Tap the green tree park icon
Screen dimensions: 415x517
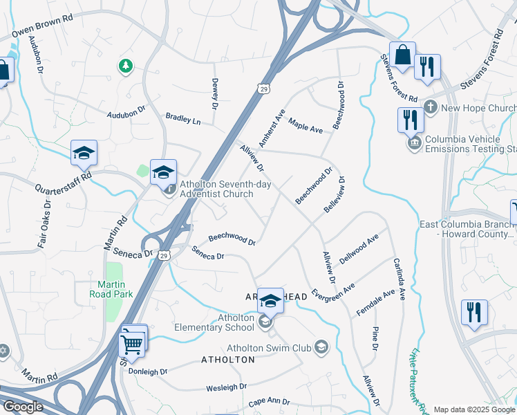click(125, 66)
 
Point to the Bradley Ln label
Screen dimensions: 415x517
click(183, 120)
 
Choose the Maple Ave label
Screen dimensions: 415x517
click(305, 125)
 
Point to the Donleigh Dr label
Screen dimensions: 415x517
click(148, 371)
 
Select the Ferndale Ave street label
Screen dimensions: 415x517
click(375, 303)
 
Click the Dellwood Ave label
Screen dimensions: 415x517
click(359, 248)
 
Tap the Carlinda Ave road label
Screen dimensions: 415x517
click(399, 276)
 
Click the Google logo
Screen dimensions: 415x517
click(23, 407)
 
